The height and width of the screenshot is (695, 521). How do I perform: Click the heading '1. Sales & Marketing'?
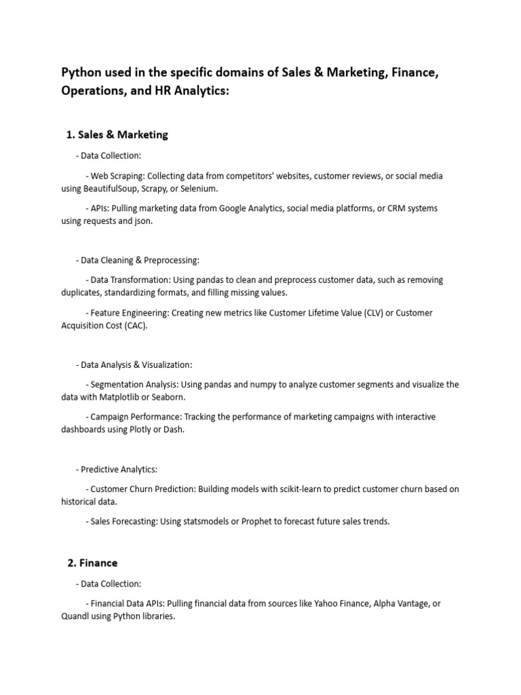coord(117,134)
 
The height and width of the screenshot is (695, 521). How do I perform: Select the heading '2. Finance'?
coord(92,563)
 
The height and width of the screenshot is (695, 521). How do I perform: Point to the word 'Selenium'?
coord(199,188)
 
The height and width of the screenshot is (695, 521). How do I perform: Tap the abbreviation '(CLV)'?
coord(377,313)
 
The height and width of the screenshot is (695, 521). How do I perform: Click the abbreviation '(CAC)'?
coord(135,326)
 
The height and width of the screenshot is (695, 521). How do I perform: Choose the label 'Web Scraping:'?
coord(117,176)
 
